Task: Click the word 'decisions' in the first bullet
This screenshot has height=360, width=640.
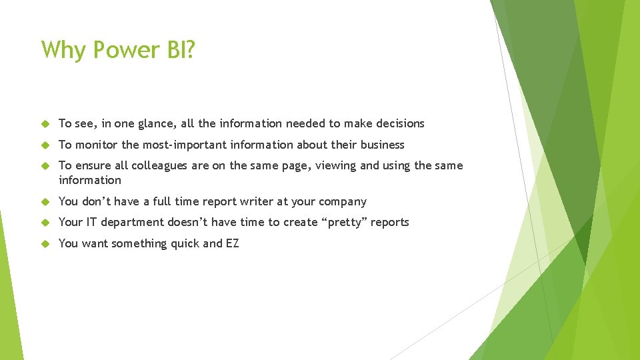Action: click(400, 123)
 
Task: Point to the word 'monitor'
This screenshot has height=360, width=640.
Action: click(97, 145)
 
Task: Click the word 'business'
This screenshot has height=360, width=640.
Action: click(382, 145)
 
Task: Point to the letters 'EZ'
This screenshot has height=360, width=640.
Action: click(232, 243)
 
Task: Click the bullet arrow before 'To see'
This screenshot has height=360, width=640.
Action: click(45, 124)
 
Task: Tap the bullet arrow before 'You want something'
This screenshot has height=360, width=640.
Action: click(45, 244)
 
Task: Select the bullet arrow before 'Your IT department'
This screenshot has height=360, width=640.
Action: click(45, 223)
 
